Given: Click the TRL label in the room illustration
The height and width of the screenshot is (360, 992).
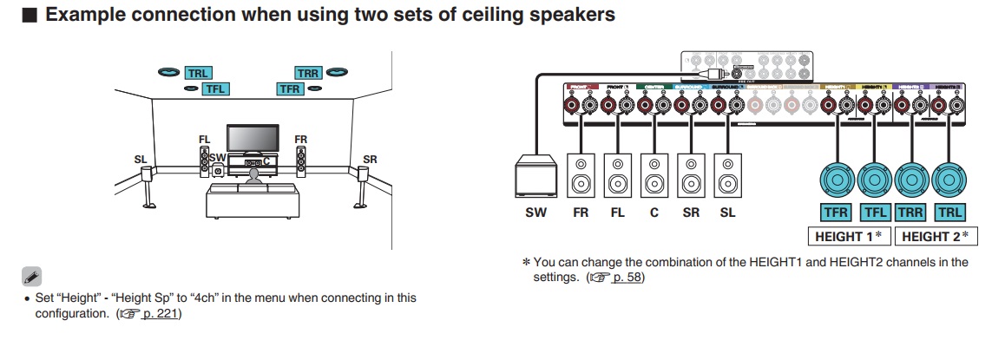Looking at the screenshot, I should pos(197,74).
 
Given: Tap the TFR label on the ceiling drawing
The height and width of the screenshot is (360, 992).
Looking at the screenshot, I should pos(290,88).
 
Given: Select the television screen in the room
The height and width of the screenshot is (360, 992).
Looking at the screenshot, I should pos(253,138).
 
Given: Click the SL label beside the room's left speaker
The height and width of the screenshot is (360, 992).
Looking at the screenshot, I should pos(141,160).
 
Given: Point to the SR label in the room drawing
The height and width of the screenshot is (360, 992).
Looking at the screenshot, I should pos(370,160).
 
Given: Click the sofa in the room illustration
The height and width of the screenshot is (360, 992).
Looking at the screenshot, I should pos(251,200).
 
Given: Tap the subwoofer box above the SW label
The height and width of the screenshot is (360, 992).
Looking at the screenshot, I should pos(535,177).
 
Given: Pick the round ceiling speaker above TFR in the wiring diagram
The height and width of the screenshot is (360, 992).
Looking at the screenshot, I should pos(838,181).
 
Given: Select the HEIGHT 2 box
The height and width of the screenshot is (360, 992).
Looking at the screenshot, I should pos(934,236).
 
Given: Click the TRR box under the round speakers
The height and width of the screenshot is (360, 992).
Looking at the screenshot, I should pos(910,213).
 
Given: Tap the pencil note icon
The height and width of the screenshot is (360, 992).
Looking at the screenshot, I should pos(31,278).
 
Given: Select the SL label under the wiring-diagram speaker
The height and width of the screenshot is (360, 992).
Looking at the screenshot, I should pos(727,213).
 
